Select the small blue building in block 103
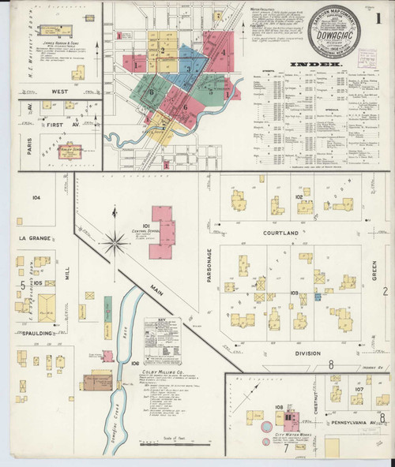(x=318, y=297)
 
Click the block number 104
(x=36, y=197)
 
